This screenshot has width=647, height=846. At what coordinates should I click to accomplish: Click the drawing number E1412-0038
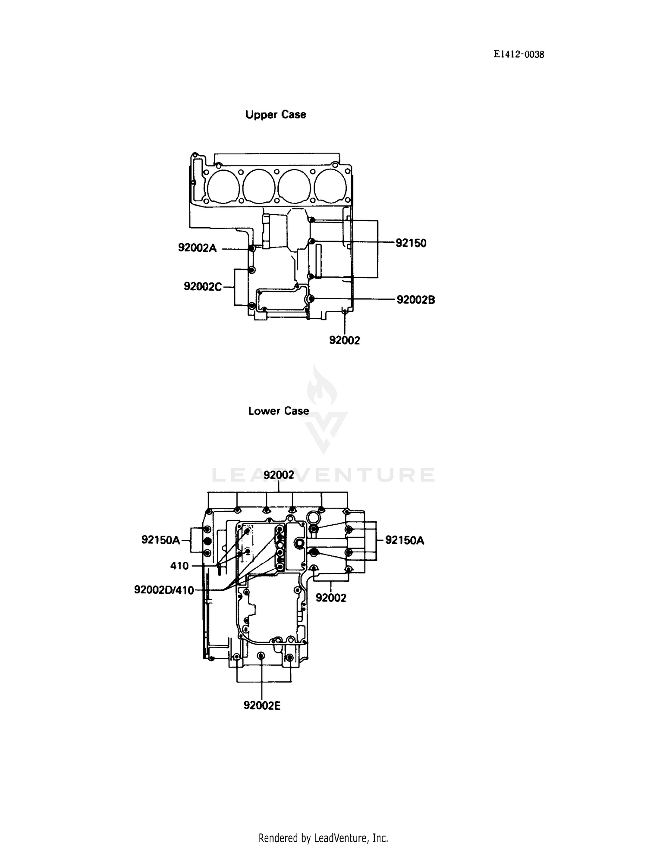pos(519,54)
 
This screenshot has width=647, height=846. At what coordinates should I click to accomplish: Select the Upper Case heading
pos(276,115)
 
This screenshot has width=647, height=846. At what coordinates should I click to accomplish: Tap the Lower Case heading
pos(278,411)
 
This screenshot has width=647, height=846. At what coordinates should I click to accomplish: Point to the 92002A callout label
pos(198,248)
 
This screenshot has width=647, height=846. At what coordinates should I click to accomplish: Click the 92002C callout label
pos(203,286)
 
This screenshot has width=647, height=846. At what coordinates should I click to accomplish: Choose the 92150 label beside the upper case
pos(411,243)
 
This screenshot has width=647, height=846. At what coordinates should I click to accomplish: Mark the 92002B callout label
pos(416,300)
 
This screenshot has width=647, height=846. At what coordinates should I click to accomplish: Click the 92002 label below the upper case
pos(344,340)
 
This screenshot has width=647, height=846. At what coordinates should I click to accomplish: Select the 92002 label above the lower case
pos(279,475)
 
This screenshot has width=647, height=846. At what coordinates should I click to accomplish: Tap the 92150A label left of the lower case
pos(160,540)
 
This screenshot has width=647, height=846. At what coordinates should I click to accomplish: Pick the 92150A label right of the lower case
pos(405,540)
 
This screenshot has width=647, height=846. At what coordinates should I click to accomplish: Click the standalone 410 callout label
pos(179,566)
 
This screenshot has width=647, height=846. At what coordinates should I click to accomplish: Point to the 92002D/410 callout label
pos(164,590)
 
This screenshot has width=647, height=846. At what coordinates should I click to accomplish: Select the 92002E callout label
pos(262,705)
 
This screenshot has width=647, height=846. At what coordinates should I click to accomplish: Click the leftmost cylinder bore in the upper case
pos(223,186)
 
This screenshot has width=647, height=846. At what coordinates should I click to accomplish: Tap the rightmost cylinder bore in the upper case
pos(330,186)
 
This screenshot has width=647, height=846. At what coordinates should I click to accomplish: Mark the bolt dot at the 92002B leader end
pos(312,298)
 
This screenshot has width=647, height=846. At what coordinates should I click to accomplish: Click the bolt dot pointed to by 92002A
pos(252,249)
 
